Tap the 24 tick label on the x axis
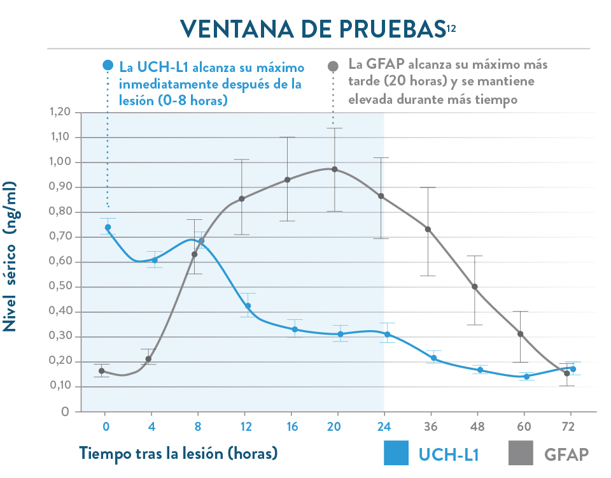coord(384,425)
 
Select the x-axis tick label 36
coord(430,425)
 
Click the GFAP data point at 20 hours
coord(335,170)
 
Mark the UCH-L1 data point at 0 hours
coord(108,228)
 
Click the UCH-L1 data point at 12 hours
coord(248,306)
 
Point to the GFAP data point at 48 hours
coord(475,287)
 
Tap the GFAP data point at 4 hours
coord(148,359)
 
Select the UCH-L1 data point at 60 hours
coord(526,377)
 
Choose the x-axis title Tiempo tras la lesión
coord(178,453)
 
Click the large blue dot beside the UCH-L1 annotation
coord(108,65)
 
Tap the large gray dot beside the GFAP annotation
coord(333,66)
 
